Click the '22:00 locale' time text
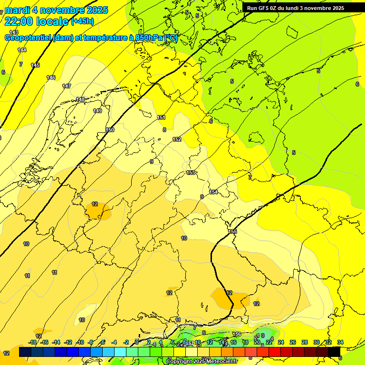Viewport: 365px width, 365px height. tap(37, 21)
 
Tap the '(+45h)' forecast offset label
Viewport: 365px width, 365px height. tap(82, 21)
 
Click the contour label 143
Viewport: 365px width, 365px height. tap(14, 32)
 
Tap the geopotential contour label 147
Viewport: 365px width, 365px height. tap(67, 86)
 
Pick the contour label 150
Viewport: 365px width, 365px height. tap(110, 130)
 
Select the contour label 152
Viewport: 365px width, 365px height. tap(177, 139)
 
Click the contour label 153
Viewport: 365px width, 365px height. tap(191, 173)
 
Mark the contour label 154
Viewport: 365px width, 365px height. tap(213, 192)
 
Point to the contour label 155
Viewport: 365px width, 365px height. tap(232, 231)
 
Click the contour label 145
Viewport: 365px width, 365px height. tap(35, 65)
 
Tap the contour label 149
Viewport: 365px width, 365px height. tap(97, 111)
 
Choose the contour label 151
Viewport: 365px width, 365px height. tap(161, 117)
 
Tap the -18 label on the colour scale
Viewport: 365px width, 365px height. tap(32, 343)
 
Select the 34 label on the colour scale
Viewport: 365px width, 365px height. tap(340, 343)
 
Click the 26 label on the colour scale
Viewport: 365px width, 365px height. tap(293, 343)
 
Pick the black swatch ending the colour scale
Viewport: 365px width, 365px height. tap(334, 352)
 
